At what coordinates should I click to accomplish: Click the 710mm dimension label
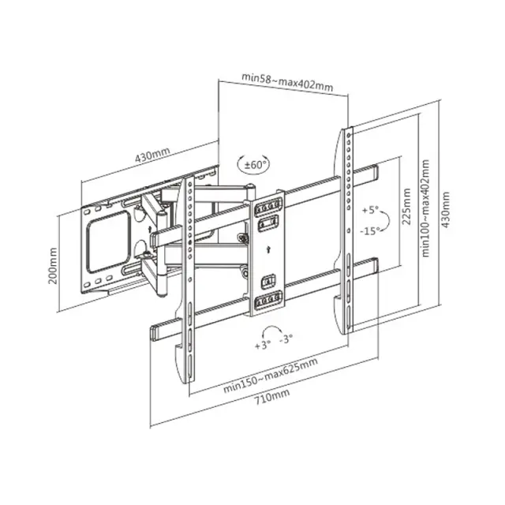[272, 397]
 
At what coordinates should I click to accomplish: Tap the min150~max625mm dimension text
[271, 375]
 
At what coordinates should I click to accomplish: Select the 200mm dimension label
[53, 266]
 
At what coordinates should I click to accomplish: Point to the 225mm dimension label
[406, 207]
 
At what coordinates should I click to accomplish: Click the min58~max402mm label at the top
[287, 82]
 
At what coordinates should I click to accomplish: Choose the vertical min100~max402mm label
[426, 208]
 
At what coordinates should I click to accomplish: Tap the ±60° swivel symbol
[253, 165]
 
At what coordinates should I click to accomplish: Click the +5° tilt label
[370, 211]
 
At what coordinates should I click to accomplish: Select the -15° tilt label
[370, 230]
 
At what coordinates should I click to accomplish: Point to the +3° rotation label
[263, 346]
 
